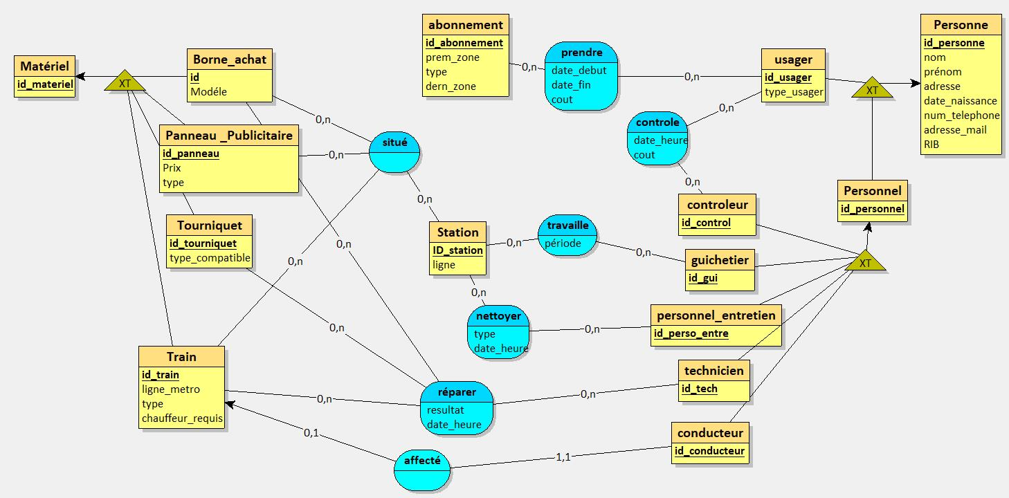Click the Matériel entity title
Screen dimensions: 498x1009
pos(44,66)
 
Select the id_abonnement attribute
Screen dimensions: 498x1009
pos(464,43)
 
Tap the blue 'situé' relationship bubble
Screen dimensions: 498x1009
pos(394,142)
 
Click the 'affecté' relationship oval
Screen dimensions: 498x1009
pos(421,460)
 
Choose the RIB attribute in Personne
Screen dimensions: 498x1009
pos(931,145)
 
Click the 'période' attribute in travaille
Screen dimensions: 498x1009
pos(563,243)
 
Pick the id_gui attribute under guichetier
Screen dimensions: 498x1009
pos(702,278)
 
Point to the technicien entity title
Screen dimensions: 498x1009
pos(713,371)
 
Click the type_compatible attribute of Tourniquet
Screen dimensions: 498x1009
pos(210,259)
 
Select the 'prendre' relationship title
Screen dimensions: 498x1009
pos(581,53)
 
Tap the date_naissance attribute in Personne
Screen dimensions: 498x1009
pos(960,101)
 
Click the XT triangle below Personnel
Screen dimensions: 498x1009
pos(864,262)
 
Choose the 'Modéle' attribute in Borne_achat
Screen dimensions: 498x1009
pos(208,92)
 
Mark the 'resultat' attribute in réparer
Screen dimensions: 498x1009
pos(445,409)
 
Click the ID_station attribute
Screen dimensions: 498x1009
pos(457,250)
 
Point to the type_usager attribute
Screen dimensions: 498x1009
pos(794,92)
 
